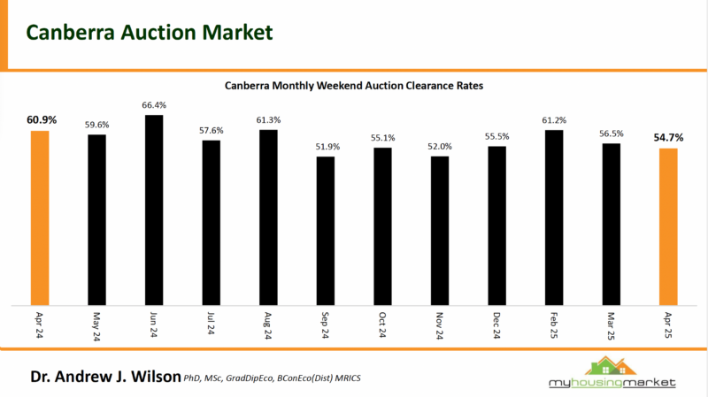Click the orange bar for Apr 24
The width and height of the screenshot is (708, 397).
click(40, 217)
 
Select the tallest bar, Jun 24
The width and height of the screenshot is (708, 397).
click(154, 209)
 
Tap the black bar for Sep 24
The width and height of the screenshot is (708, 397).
click(326, 230)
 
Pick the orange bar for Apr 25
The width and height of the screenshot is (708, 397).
click(668, 225)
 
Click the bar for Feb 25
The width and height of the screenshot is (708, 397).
click(554, 217)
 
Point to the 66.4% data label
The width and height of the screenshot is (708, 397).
click(154, 105)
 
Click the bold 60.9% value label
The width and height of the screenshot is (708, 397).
click(40, 119)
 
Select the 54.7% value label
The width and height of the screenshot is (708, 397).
click(669, 138)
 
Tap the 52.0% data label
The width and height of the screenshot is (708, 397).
click(440, 147)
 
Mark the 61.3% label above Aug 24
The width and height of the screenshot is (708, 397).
click(268, 120)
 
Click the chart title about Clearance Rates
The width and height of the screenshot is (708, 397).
click(354, 86)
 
